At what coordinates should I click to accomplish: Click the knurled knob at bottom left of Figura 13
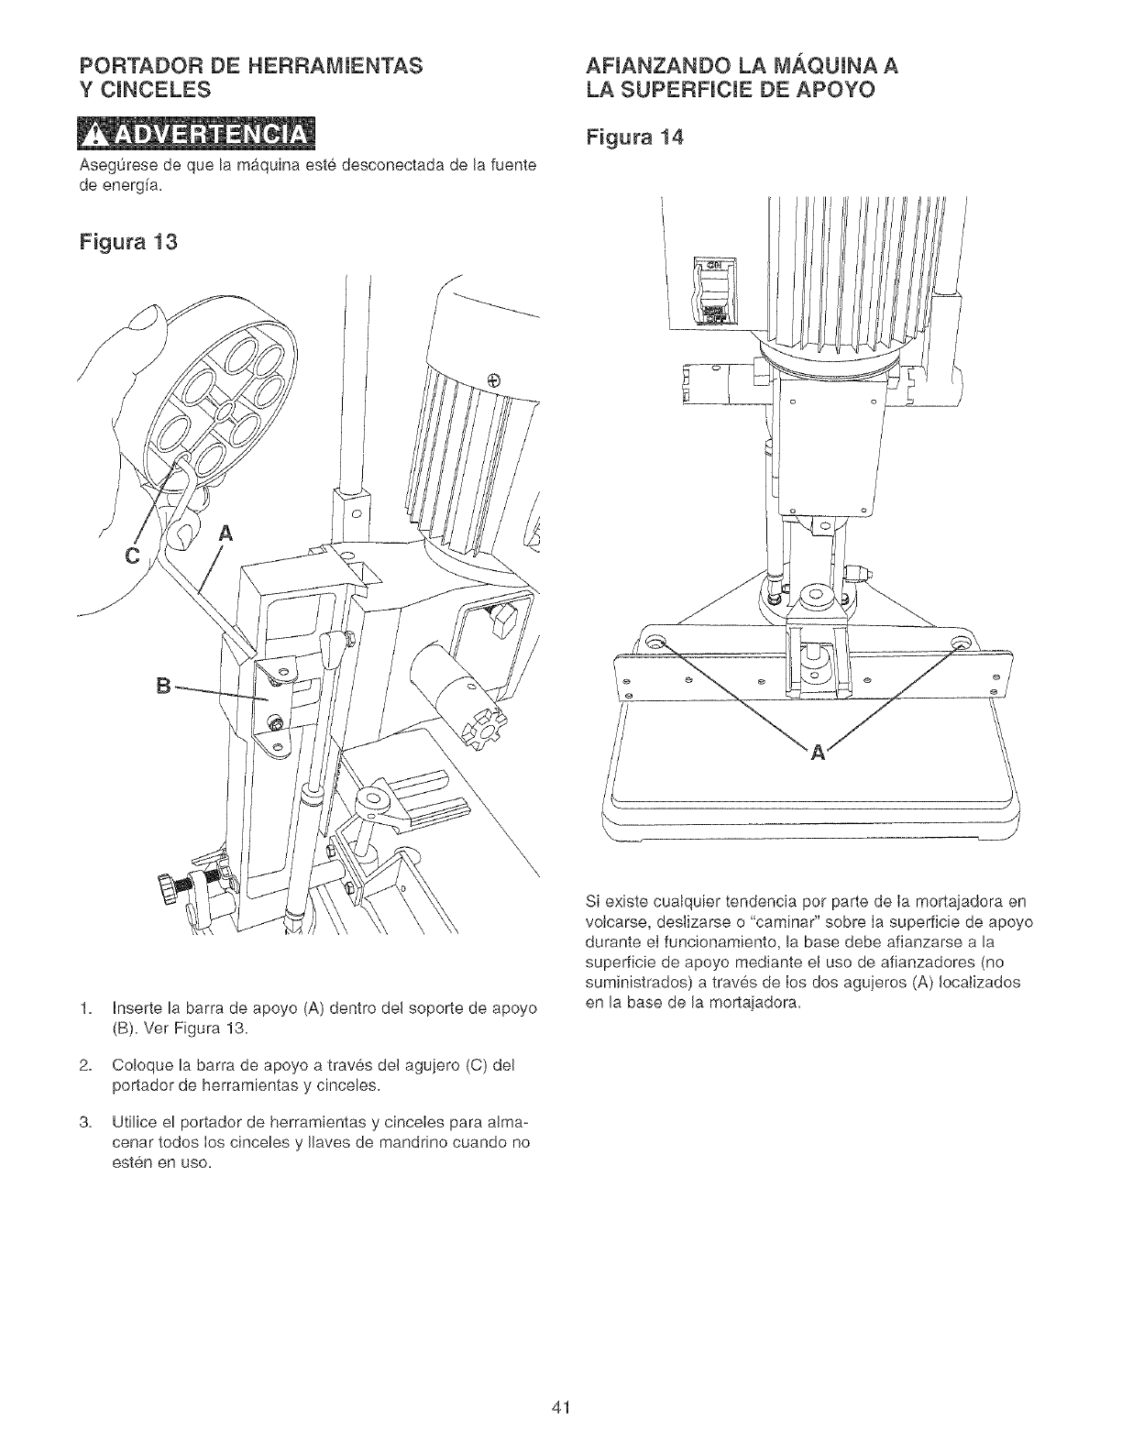pos(167,888)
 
